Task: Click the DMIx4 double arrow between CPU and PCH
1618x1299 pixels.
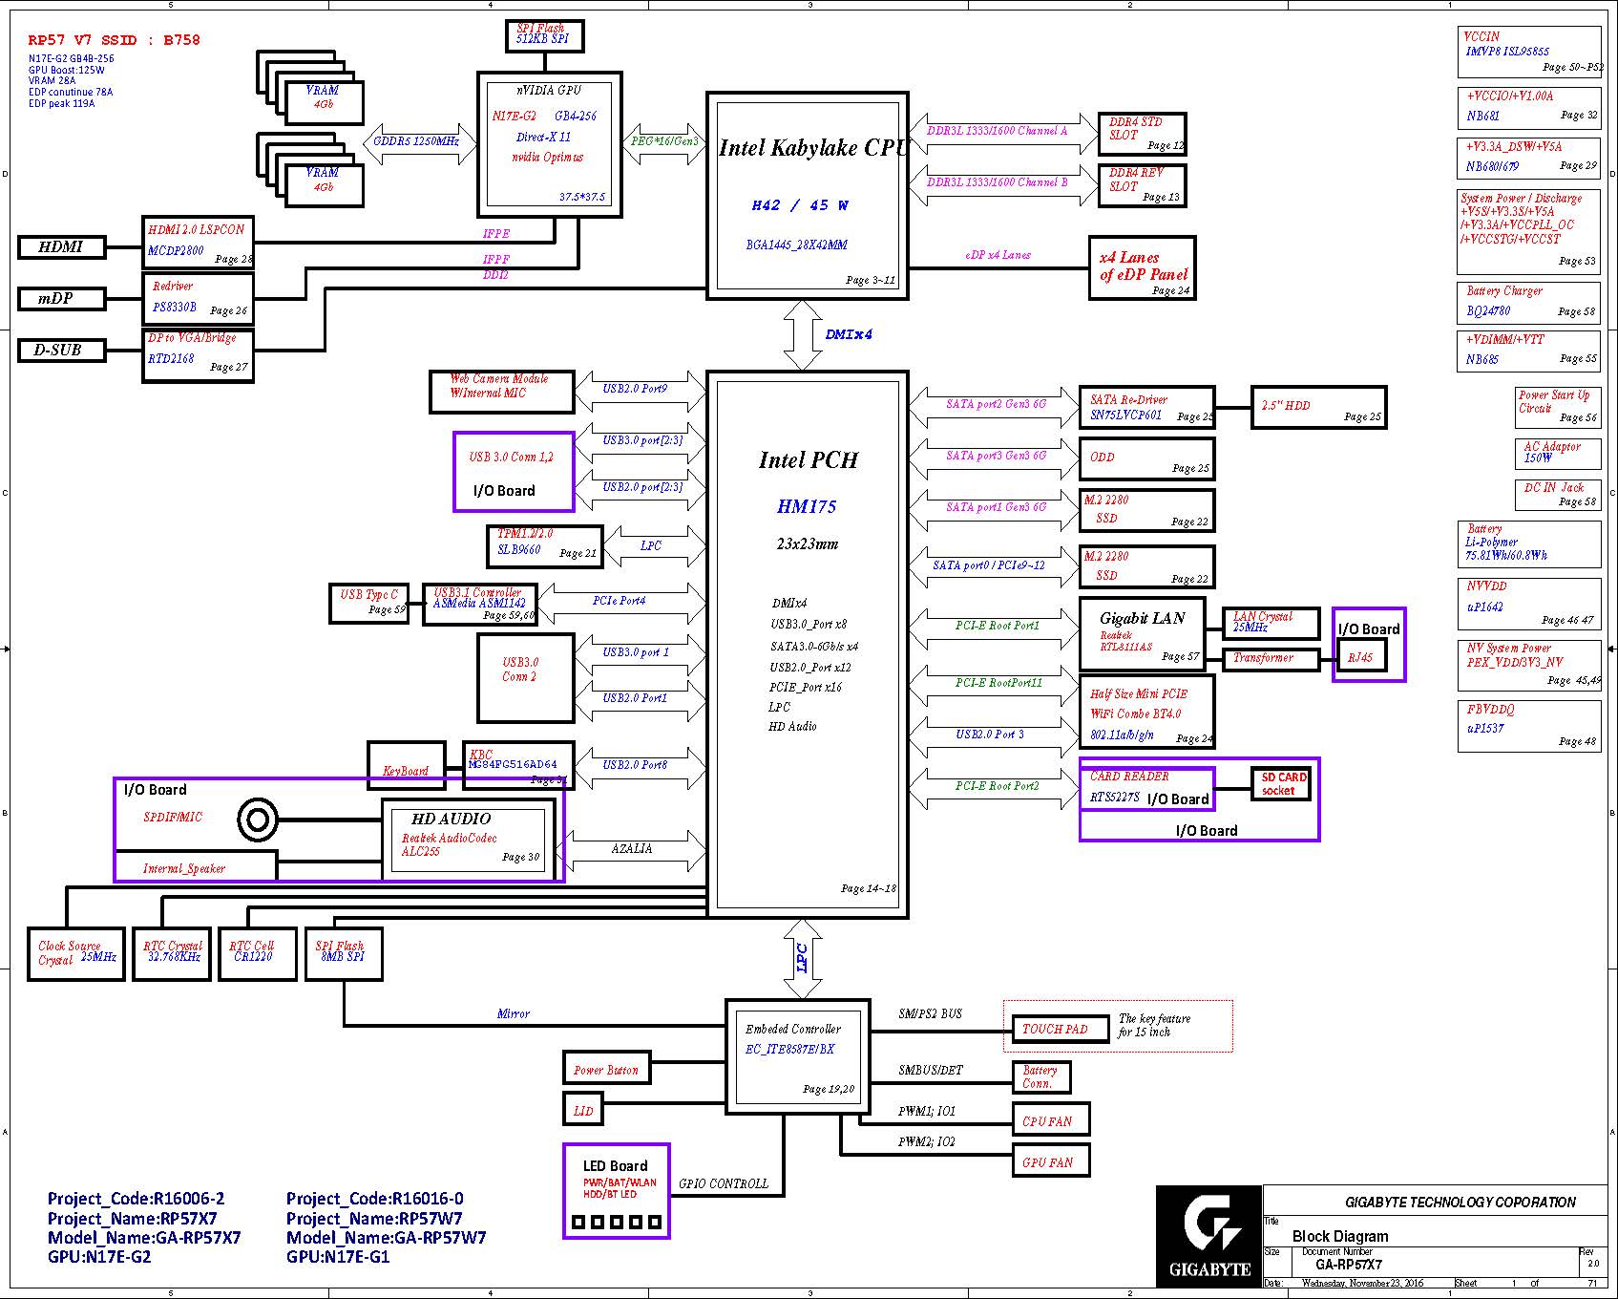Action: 803,335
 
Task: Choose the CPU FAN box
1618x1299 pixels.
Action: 1050,1120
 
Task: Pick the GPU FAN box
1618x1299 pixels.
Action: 1050,1161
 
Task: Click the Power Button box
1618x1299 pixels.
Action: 606,1070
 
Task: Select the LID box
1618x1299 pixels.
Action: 583,1110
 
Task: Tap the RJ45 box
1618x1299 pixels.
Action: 1361,657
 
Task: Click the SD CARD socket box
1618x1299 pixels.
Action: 1280,784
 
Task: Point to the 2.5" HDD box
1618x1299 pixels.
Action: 1317,407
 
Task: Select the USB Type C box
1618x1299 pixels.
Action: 368,604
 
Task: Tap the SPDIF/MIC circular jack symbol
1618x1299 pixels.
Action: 258,819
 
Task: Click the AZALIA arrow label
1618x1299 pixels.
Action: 632,849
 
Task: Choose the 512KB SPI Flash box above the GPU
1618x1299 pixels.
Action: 544,36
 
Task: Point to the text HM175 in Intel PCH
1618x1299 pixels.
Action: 807,507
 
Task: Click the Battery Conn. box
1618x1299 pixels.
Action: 1040,1076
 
